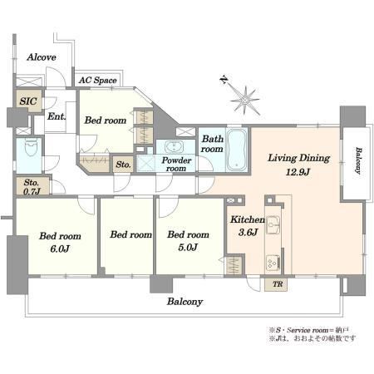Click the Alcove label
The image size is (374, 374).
tap(42, 57)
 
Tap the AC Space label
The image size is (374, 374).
tap(97, 81)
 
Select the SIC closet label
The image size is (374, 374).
tap(28, 101)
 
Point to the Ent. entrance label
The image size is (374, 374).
tap(57, 116)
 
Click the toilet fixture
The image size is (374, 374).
tap(31, 147)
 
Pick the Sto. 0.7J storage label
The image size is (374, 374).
tap(32, 186)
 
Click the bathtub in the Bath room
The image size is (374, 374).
tap(236, 150)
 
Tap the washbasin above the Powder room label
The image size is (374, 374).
tap(174, 146)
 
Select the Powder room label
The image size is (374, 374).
tap(176, 164)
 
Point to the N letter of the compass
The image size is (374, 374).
tap(224, 80)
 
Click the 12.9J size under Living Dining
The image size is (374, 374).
tap(298, 172)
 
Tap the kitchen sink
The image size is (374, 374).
tap(273, 224)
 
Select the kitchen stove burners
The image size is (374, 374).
tap(273, 263)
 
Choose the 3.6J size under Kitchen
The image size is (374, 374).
tap(249, 232)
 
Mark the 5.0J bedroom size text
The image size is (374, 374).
tap(188, 247)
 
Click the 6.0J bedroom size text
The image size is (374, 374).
tap(60, 249)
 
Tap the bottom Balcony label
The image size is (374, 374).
tap(185, 302)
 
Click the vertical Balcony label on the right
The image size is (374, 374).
tap(358, 160)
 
